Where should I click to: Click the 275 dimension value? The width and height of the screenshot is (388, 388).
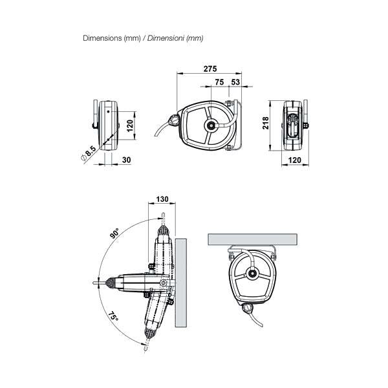210,69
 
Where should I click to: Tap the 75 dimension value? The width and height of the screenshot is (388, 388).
219,82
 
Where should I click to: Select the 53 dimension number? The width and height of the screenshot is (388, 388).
235,82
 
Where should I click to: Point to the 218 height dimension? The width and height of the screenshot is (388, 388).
265,123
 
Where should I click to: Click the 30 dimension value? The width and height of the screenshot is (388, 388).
127,160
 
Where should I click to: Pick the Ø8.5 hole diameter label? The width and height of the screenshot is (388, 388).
89,153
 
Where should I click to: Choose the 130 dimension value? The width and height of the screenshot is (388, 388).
162,199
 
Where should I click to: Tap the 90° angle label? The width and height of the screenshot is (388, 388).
114,233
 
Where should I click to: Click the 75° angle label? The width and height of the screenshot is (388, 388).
113,316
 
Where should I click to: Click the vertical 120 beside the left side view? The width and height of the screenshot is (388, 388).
130,125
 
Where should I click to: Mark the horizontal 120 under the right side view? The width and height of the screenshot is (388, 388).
295,160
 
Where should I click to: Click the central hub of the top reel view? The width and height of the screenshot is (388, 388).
211,125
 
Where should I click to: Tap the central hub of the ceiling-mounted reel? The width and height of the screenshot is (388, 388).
252,274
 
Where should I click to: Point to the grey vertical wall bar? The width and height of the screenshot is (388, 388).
181,283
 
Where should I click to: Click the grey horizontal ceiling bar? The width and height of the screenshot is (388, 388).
253,239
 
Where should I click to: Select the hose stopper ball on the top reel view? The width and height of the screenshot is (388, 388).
173,121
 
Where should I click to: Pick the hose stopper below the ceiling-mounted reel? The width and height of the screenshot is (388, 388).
248,308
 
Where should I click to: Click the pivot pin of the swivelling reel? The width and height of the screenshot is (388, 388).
163,283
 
